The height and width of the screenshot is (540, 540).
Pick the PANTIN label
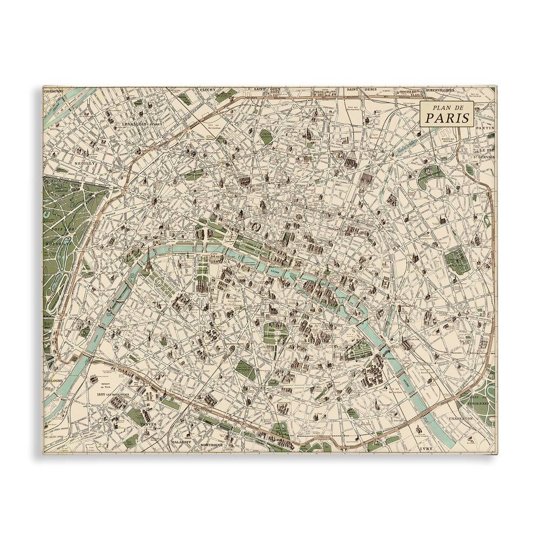pyautogui.click(x=486, y=128)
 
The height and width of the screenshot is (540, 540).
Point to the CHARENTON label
pyautogui.click(x=461, y=418)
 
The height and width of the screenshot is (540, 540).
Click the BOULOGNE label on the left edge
pyautogui.click(x=55, y=381)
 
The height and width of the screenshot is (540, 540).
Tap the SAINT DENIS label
pyautogui.click(x=362, y=89)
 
